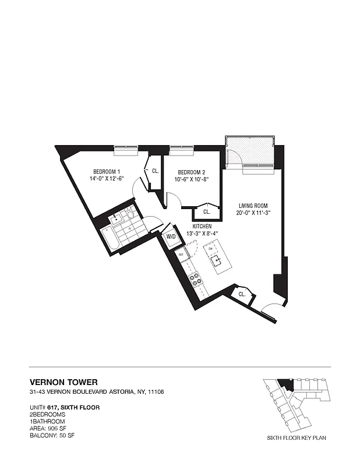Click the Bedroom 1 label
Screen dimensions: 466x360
coord(107,171)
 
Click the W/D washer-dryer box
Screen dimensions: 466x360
coord(171,237)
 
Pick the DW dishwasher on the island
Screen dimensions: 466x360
coord(210,249)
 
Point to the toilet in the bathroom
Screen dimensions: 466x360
coord(130,216)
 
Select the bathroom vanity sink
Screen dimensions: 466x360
coord(116,218)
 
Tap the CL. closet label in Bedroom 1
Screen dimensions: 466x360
coord(156,171)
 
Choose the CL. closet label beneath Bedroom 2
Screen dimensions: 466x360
coord(207,211)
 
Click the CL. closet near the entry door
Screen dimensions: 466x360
coord(241,295)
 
